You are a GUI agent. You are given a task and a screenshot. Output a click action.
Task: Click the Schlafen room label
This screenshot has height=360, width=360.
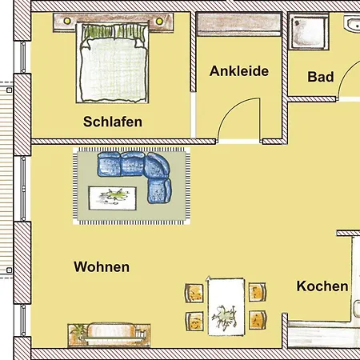click(113, 122)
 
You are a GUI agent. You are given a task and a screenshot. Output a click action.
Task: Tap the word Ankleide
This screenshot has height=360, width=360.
click(238, 71)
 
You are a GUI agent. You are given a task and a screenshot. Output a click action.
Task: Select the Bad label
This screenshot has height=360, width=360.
click(321, 78)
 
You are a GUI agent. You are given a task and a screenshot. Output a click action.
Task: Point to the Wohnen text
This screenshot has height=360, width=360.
click(101, 267)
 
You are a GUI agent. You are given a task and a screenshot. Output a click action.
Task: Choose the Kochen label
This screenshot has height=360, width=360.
click(322, 286)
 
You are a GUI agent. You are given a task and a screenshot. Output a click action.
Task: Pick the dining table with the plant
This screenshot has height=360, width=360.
click(226, 306)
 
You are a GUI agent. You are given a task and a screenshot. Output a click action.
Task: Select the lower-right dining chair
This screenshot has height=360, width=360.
click(257, 321)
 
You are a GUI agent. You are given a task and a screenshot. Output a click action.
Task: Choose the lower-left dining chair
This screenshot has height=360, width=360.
click(194, 321)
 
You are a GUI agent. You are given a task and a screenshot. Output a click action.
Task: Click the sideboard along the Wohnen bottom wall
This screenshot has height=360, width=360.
click(110, 333)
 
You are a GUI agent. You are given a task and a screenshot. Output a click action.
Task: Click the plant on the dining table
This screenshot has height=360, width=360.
click(226, 318)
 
